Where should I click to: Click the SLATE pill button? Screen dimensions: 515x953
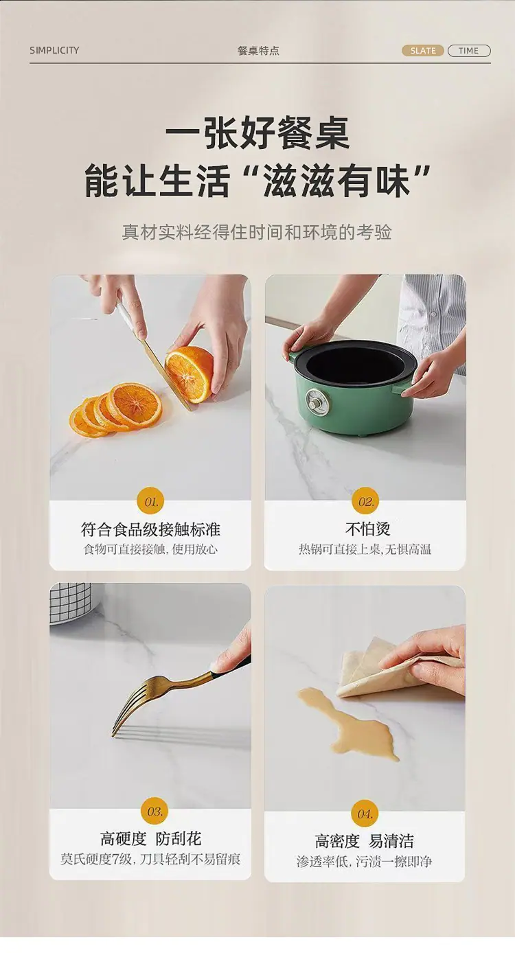coord(422,51)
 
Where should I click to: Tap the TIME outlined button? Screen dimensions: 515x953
coord(469,51)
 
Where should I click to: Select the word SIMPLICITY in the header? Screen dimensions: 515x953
coord(54,50)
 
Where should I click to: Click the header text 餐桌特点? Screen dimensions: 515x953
coord(258,51)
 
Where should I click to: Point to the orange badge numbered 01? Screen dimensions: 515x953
coord(151,502)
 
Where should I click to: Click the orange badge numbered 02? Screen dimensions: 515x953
coord(365,501)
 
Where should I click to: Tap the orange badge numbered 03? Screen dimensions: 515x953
coord(154,811)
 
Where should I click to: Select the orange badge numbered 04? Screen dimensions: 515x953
coord(365,814)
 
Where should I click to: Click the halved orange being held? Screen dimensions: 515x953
coord(188,374)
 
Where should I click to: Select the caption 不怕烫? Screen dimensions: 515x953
coord(368,529)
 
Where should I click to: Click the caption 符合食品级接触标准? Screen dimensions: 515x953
coord(150,529)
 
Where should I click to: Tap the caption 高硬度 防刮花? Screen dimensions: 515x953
coord(150,839)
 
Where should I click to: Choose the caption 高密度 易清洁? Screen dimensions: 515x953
coord(365,841)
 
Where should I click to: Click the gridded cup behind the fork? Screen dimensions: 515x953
coord(71,603)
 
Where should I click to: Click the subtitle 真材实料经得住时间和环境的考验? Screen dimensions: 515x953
coord(257,232)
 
